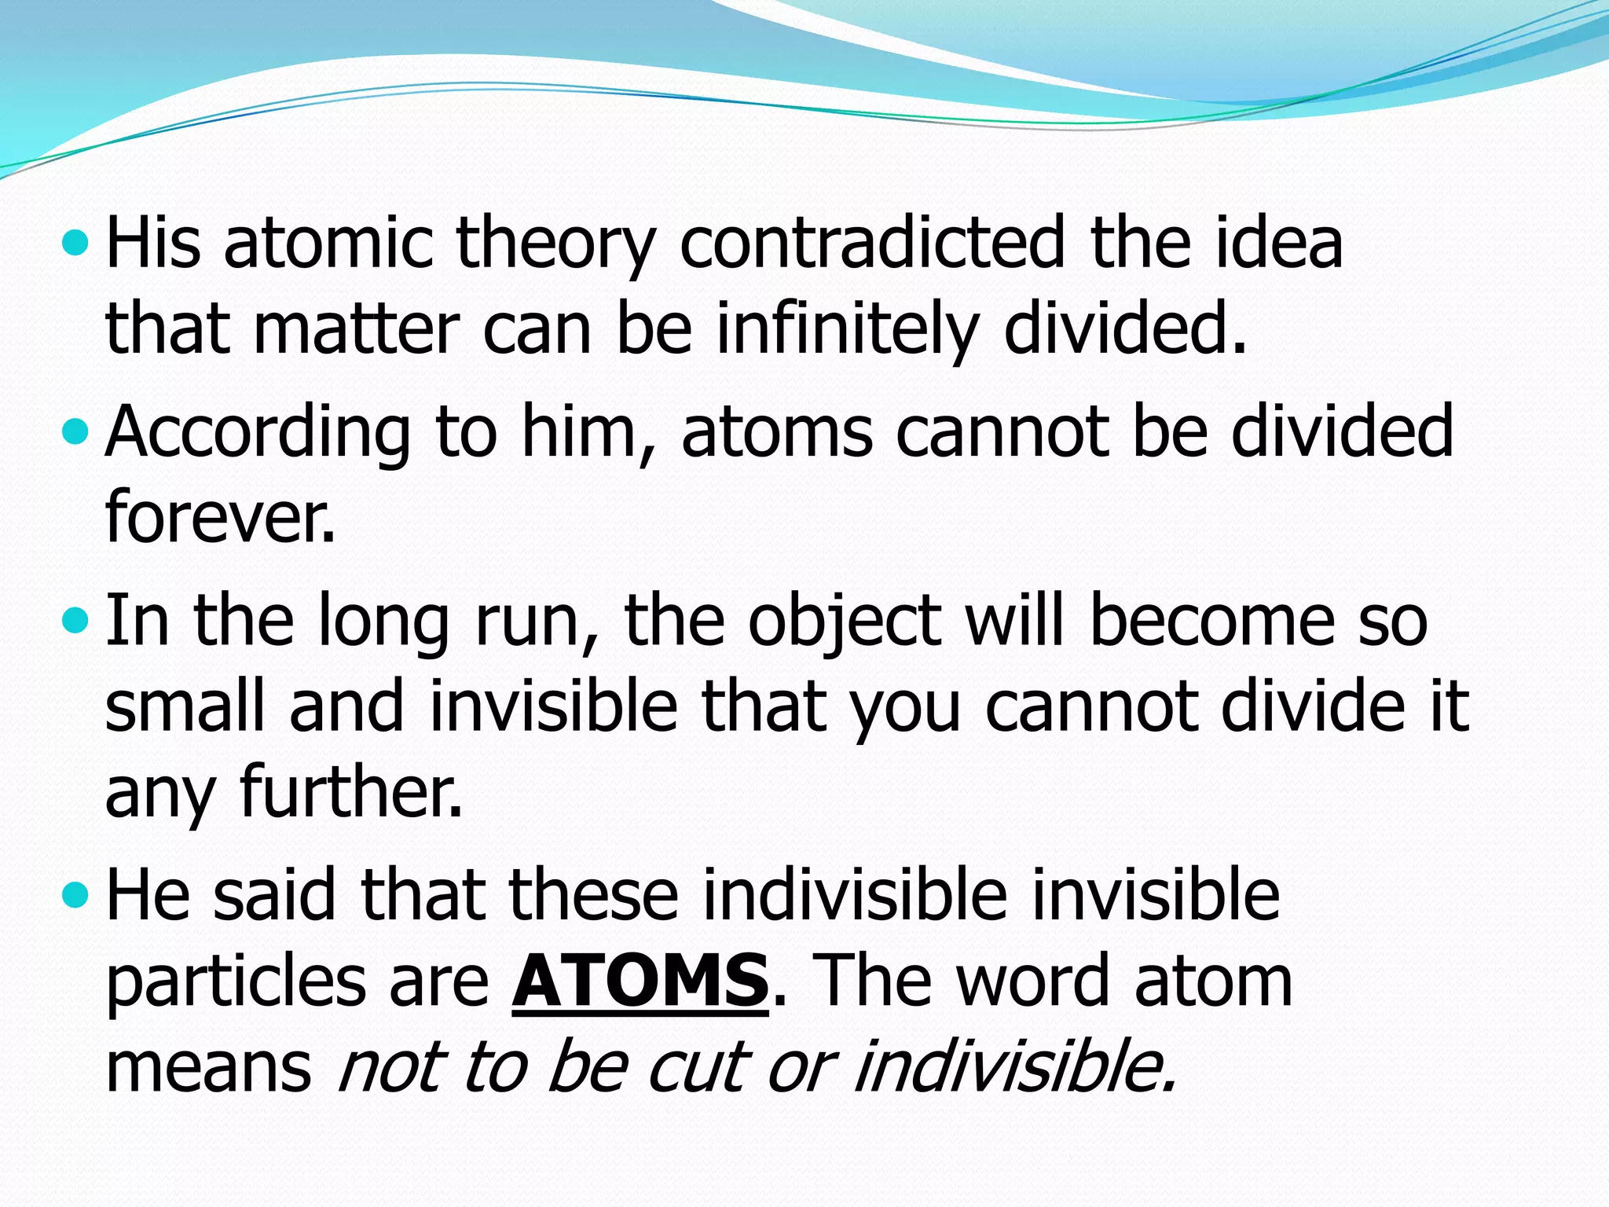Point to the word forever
pyautogui.click(x=220, y=517)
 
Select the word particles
pyautogui.click(x=236, y=982)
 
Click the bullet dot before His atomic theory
pyautogui.click(x=75, y=243)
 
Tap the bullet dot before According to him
pyautogui.click(x=75, y=431)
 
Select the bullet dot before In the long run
pyautogui.click(x=75, y=622)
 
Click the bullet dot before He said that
pyautogui.click(x=75, y=895)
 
